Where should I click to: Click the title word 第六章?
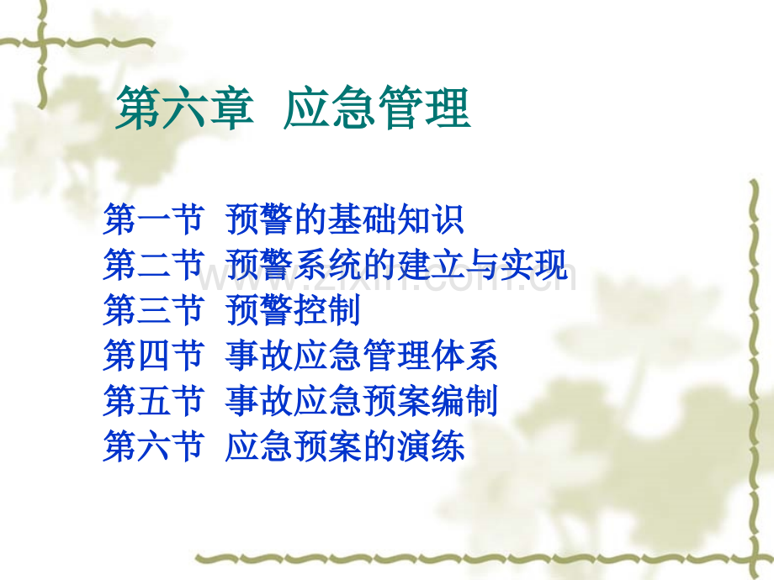(184, 110)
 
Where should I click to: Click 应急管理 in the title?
(377, 110)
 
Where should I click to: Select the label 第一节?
(153, 221)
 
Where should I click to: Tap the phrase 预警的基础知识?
(345, 221)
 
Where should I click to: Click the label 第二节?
(153, 266)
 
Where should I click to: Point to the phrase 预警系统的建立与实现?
(397, 266)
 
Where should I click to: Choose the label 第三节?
(153, 311)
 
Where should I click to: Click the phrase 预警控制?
(294, 311)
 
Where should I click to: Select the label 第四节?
(153, 356)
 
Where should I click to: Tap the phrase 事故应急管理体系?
(362, 356)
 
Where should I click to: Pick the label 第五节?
(153, 401)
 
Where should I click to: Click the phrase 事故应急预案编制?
(362, 401)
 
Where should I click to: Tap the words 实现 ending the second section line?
(534, 266)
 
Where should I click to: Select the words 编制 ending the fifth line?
(464, 401)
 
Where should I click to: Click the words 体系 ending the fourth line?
(464, 356)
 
